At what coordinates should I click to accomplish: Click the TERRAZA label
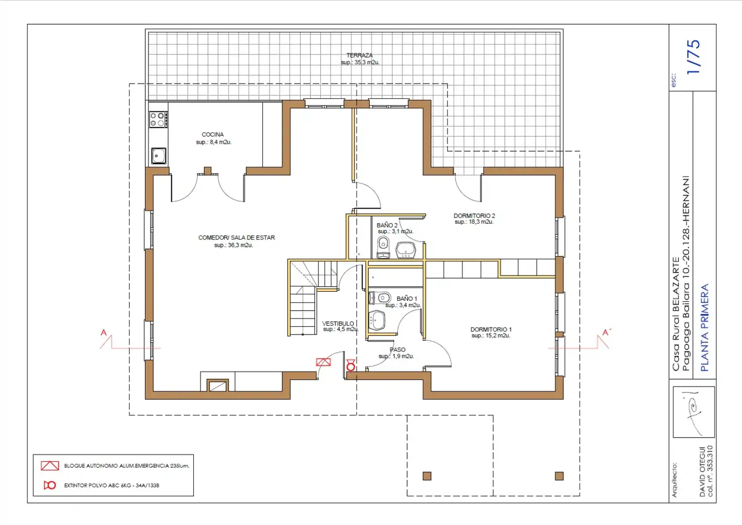[x=360, y=55]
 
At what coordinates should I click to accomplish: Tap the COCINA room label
[x=213, y=135]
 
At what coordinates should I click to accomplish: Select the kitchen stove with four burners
[x=158, y=119]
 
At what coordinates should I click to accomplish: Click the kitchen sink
[x=159, y=156]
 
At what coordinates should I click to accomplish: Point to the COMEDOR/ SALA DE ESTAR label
[x=237, y=238]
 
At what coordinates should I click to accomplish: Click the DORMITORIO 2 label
[x=474, y=216]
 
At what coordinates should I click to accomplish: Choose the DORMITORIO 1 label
[x=491, y=330]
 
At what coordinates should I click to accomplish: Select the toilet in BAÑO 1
[x=380, y=297]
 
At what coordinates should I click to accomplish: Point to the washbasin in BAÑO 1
[x=377, y=320]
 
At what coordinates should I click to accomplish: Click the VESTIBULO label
[x=338, y=323]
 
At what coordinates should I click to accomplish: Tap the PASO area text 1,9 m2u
[x=397, y=356]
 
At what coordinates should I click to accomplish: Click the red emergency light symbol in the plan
[x=323, y=362]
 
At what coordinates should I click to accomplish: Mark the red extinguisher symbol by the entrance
[x=351, y=365]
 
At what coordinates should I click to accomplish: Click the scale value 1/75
[x=693, y=57]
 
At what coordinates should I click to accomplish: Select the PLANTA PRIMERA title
[x=705, y=328]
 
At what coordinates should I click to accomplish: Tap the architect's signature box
[x=694, y=412]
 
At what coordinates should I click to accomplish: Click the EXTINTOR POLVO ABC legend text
[x=112, y=486]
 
